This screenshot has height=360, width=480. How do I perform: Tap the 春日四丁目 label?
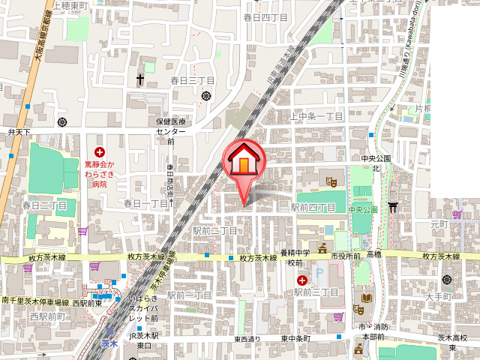pyautogui.click(x=265, y=16)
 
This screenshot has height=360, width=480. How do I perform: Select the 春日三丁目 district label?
pyautogui.click(x=193, y=80)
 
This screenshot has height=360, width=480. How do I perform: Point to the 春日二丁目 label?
pyautogui.click(x=44, y=205)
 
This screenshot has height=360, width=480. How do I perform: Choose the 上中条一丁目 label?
pyautogui.click(x=316, y=116)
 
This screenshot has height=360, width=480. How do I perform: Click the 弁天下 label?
pyautogui.click(x=19, y=132)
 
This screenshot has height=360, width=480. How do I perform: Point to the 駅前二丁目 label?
pyautogui.click(x=214, y=231)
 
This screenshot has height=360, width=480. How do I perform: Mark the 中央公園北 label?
pyautogui.click(x=376, y=163)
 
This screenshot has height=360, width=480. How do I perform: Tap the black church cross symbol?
pyautogui.click(x=140, y=78)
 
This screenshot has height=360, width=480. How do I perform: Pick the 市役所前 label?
pyautogui.click(x=346, y=256)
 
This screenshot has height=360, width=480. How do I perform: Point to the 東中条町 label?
pyautogui.click(x=297, y=339)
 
